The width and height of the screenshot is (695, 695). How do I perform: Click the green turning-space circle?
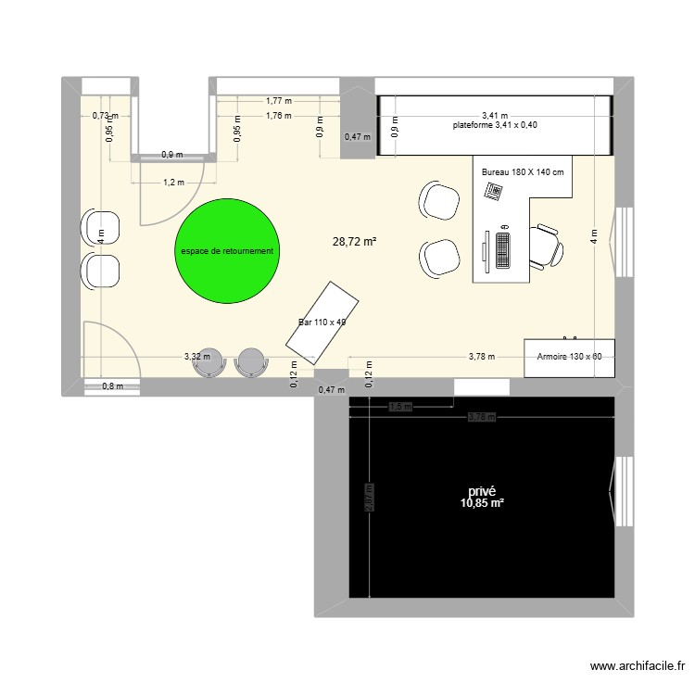pos(227,250)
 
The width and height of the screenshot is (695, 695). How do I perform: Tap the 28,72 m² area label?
pos(354,241)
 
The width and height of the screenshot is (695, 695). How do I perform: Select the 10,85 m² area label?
pos(481,503)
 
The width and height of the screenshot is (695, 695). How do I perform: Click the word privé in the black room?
pos(482,492)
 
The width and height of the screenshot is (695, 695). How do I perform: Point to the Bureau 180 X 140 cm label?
pos(524,172)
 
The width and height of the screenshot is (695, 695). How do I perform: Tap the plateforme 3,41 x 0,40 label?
pos(495,125)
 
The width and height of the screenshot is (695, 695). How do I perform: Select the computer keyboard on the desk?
pos(503,247)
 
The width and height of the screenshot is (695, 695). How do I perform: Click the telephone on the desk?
pos(493,191)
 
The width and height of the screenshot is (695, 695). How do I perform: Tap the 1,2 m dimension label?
pos(173,183)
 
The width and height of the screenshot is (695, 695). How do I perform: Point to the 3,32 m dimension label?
pos(196,356)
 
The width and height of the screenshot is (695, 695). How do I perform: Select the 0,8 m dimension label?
pos(111,386)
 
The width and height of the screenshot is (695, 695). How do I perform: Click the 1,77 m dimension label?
pos(278,101)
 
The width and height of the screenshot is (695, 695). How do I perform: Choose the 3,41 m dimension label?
pos(494,115)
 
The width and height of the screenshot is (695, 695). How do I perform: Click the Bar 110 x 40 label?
pos(322,322)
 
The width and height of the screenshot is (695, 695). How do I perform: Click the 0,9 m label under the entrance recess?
pos(171,155)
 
